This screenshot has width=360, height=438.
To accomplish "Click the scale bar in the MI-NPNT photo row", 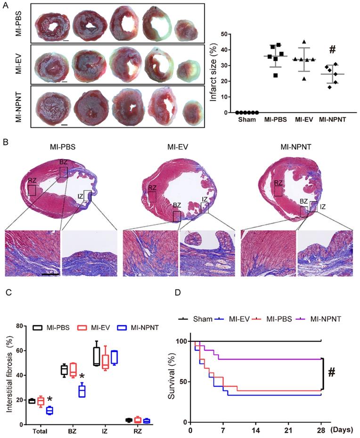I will tap(65, 125).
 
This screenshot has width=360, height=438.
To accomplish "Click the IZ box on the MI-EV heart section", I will tap(204, 208).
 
